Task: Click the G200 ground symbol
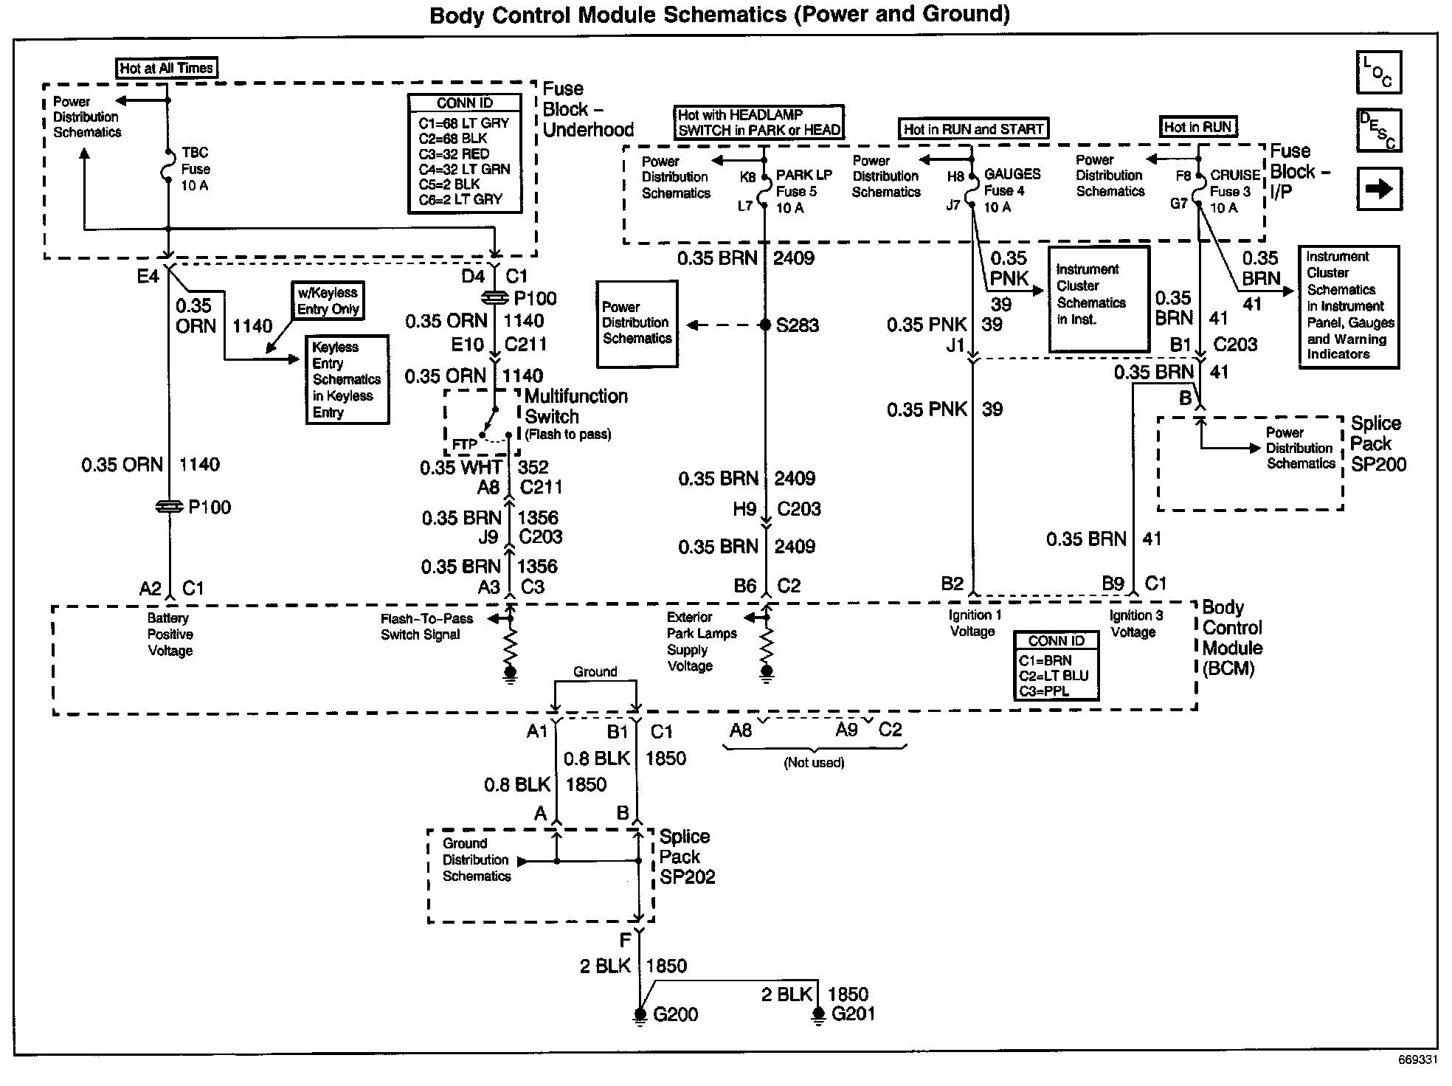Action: coord(639,1015)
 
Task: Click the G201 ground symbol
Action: coord(817,1015)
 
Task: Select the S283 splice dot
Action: coord(766,325)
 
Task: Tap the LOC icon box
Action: coord(1378,72)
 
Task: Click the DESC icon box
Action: coord(1378,130)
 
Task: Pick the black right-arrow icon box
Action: coord(1378,189)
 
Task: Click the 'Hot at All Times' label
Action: coord(167,68)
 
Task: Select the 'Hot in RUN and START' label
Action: coord(973,129)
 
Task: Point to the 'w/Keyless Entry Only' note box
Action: coord(328,301)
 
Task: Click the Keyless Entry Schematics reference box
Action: coord(347,379)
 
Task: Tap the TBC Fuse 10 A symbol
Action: coord(168,168)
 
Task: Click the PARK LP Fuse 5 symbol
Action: coord(765,191)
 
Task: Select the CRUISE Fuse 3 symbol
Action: coord(1198,191)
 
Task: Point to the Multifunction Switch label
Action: coord(575,407)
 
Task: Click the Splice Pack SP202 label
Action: coord(687,857)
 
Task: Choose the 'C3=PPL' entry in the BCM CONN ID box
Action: coord(1044,691)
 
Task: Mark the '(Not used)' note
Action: coord(814,763)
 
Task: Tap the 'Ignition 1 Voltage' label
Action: coord(975,623)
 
